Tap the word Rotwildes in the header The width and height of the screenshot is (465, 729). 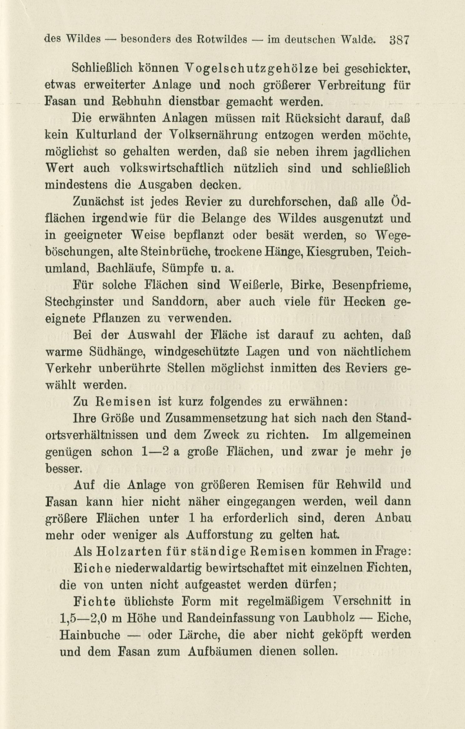pyautogui.click(x=222, y=40)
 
